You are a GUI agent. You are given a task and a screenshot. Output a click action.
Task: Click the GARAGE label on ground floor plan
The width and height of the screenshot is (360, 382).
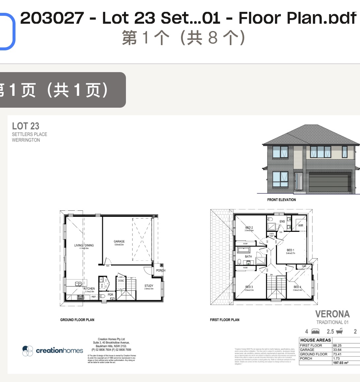point(119,241)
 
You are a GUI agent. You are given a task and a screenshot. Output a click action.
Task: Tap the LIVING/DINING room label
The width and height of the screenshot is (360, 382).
point(84,245)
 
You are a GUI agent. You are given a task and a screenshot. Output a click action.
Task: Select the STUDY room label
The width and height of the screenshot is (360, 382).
point(149,286)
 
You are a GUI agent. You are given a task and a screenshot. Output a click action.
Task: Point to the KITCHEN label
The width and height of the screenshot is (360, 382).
point(89,288)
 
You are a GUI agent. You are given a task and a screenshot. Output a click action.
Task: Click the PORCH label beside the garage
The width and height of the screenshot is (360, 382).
point(161,270)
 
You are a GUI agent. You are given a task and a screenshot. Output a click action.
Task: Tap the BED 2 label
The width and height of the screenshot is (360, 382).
point(249,228)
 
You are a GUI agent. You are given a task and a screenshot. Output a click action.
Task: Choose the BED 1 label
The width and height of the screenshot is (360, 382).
point(290,250)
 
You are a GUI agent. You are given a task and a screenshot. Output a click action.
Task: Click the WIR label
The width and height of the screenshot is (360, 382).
point(300,226)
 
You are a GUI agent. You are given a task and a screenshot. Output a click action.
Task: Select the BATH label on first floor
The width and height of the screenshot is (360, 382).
point(248,257)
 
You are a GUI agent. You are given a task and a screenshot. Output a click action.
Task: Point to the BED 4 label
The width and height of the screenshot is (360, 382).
point(297,287)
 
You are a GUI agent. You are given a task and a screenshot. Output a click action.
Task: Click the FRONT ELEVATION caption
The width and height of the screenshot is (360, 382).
point(282,200)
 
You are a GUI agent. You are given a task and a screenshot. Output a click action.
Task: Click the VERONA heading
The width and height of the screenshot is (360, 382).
point(332,314)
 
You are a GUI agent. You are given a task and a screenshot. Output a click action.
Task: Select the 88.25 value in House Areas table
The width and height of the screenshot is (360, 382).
point(337,345)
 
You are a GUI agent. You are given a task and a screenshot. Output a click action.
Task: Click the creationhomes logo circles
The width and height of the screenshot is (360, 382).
point(28,351)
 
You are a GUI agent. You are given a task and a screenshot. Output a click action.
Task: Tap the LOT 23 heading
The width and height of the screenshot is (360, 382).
point(25,126)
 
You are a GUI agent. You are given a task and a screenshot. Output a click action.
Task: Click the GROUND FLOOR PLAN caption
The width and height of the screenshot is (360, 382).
point(77,320)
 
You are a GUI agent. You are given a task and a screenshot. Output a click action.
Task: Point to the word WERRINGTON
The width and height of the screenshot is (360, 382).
point(26,140)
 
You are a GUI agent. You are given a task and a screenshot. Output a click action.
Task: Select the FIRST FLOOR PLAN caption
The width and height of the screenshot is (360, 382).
point(225,320)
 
